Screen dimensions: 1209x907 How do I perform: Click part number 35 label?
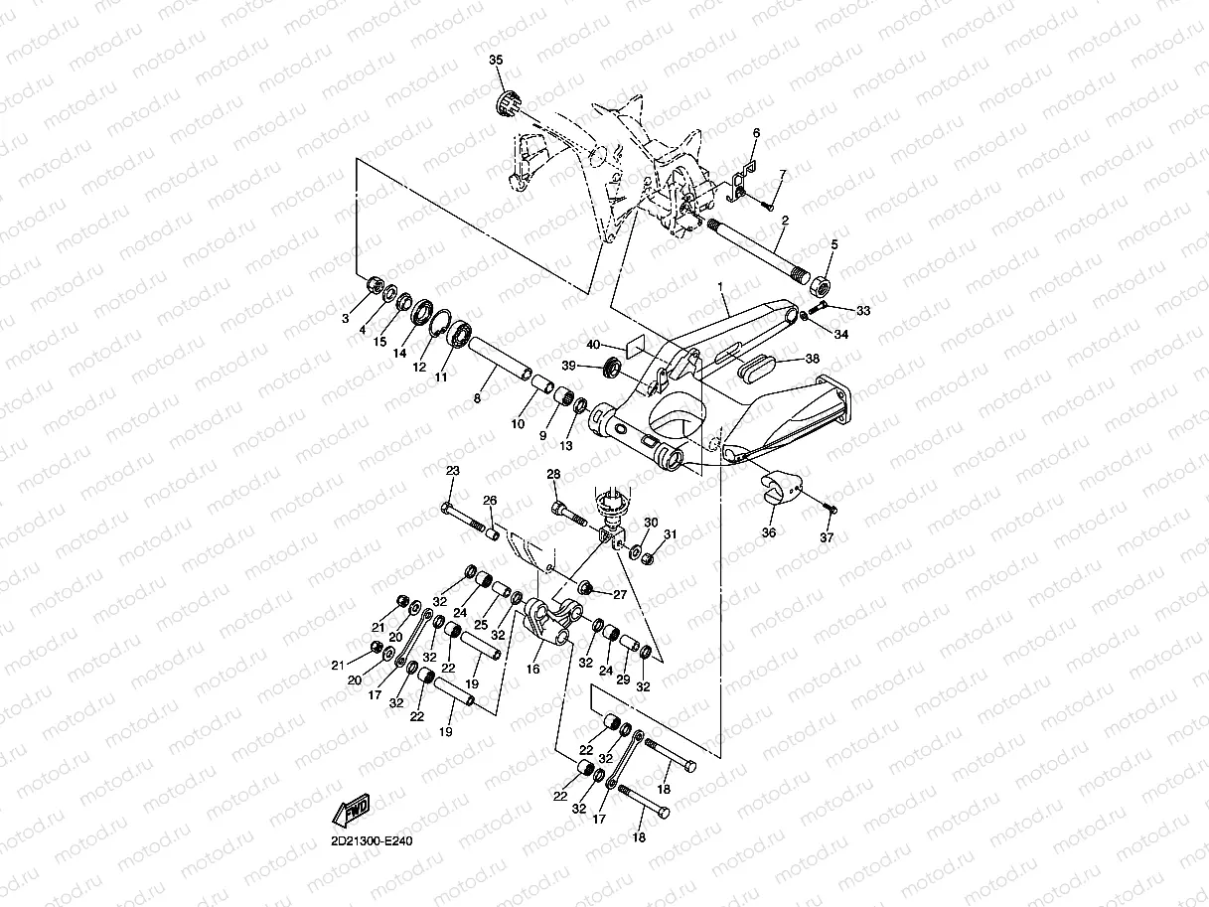[496, 60]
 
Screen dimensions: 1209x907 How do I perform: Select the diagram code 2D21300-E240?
[372, 841]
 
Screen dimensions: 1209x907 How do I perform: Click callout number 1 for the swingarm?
[720, 286]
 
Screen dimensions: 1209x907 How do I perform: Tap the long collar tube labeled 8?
[500, 358]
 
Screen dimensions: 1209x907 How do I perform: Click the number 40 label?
[593, 345]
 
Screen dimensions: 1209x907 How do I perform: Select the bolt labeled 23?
[463, 519]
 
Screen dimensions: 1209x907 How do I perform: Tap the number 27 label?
[620, 595]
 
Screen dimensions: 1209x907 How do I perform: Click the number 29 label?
[623, 680]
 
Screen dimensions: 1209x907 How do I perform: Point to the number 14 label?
[400, 353]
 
